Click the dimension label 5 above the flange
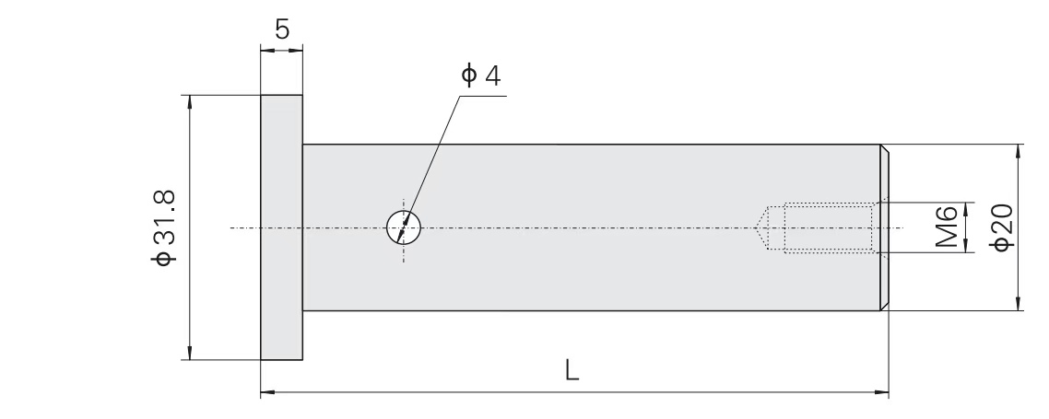(282, 29)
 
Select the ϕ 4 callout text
(481, 75)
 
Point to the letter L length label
(572, 369)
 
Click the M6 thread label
(947, 227)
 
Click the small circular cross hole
(404, 227)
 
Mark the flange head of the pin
(282, 227)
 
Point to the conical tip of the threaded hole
(761, 227)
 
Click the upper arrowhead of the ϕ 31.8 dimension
(190, 101)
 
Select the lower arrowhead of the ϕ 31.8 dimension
(190, 353)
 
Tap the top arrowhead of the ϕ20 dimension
(1018, 151)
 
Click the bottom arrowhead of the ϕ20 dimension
(1018, 303)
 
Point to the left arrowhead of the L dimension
(267, 392)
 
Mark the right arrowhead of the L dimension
(882, 392)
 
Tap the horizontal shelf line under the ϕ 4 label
(483, 96)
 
